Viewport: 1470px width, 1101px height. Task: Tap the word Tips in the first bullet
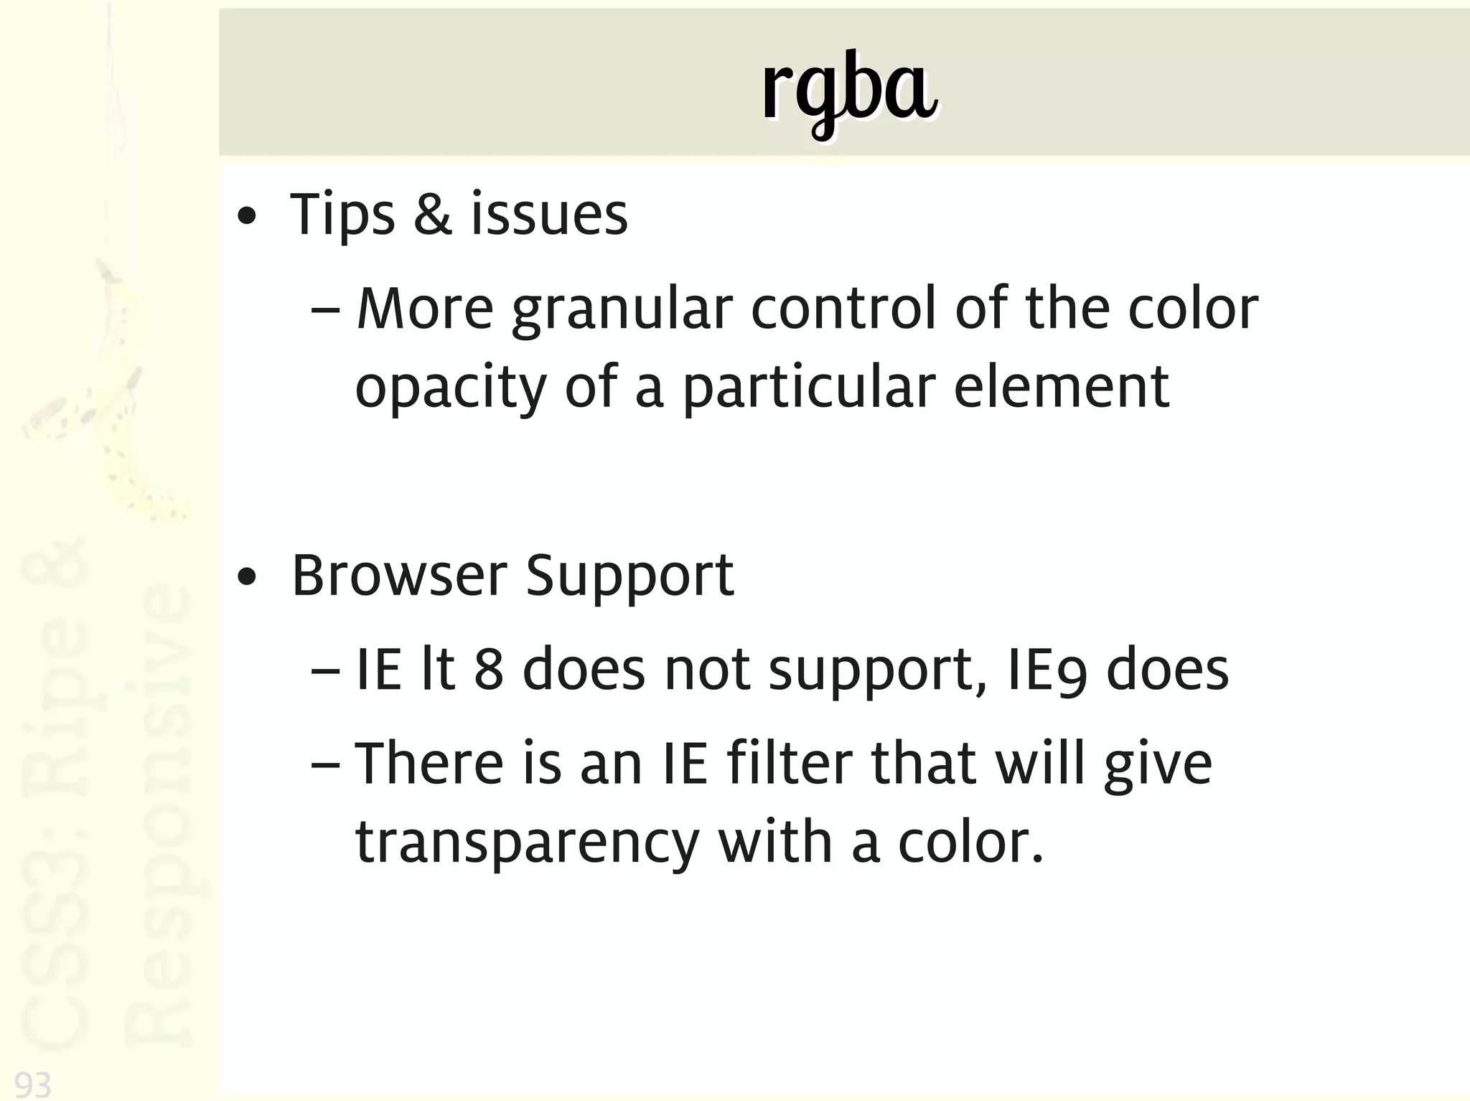(342, 215)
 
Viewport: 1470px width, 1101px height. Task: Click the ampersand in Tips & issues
(433, 215)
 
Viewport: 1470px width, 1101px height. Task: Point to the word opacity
(451, 388)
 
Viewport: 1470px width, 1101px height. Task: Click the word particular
(808, 388)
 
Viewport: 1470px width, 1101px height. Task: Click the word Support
(629, 577)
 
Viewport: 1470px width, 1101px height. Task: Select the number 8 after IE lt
(488, 670)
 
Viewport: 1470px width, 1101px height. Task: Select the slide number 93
(33, 1084)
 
